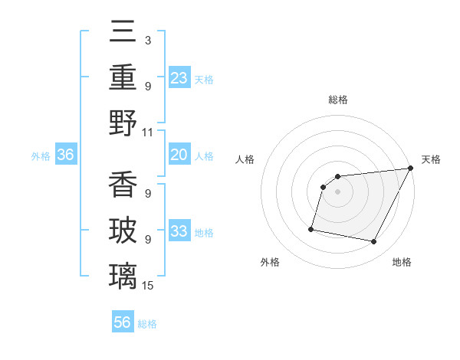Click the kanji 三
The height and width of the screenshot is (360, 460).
[x=123, y=32]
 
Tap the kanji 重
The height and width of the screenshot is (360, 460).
[x=123, y=77]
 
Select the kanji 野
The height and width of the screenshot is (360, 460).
[x=123, y=122]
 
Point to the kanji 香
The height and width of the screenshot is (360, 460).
[x=123, y=183]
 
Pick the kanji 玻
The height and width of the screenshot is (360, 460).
[x=123, y=229]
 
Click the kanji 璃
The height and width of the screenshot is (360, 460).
[x=123, y=274]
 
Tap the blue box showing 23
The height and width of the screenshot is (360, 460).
[x=179, y=77]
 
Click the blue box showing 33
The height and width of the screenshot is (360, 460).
[x=179, y=232]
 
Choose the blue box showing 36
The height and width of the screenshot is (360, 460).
[x=66, y=155]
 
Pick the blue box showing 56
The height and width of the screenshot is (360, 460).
[x=123, y=322]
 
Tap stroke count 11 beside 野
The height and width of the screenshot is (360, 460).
[x=148, y=132]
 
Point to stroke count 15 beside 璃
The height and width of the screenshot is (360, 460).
[x=148, y=286]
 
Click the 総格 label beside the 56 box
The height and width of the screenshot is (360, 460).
[x=147, y=324]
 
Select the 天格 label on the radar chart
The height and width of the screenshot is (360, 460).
[x=431, y=159]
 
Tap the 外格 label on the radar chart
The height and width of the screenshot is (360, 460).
[x=270, y=262]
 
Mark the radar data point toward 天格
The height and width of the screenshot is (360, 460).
[x=411, y=169]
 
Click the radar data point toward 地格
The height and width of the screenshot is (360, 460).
[x=374, y=242]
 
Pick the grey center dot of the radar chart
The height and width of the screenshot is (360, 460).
[x=338, y=192]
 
